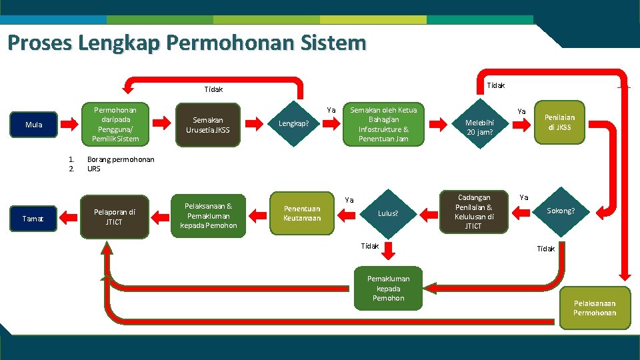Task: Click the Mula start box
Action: pyautogui.click(x=33, y=124)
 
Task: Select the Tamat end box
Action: pyautogui.click(x=33, y=218)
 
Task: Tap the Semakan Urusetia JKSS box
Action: pyautogui.click(x=208, y=124)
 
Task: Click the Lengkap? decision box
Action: pyautogui.click(x=294, y=123)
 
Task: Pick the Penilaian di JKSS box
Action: pyautogui.click(x=559, y=122)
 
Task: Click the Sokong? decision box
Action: pyautogui.click(x=561, y=211)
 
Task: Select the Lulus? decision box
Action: pyautogui.click(x=388, y=213)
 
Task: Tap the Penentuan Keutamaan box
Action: pyautogui.click(x=301, y=213)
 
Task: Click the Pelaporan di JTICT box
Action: pyautogui.click(x=114, y=217)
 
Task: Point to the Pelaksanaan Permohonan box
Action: pyautogui.click(x=595, y=308)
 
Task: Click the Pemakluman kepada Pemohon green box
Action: pyautogui.click(x=389, y=288)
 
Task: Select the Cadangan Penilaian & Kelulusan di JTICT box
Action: pyautogui.click(x=473, y=212)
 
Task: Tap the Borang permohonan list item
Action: pyautogui.click(x=121, y=159)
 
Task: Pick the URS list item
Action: pyautogui.click(x=94, y=169)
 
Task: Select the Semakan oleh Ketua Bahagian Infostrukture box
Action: pyautogui.click(x=383, y=124)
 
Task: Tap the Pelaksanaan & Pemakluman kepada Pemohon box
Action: pyautogui.click(x=208, y=215)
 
